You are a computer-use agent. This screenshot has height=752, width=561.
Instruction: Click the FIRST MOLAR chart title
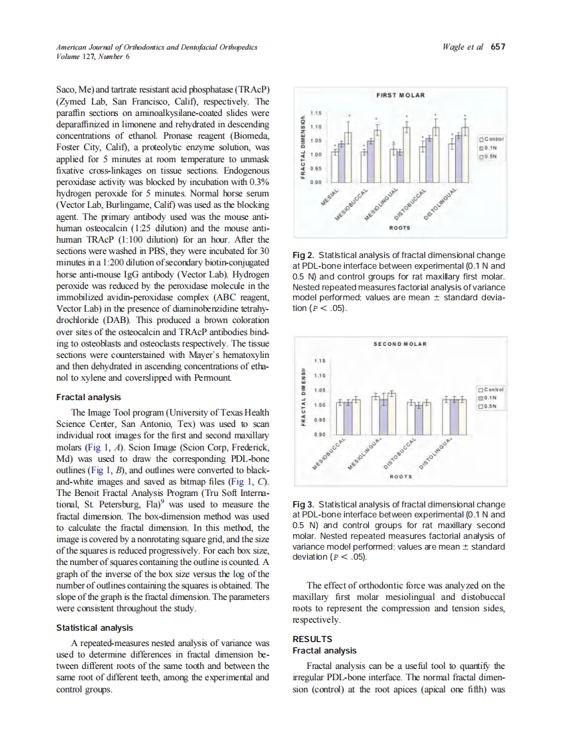pos(400,95)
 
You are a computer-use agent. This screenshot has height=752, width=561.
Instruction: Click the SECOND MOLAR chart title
pos(400,344)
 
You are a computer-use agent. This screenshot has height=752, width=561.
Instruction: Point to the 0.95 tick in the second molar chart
pos(319,420)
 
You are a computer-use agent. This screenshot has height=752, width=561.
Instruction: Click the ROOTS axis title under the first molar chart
pos(400,227)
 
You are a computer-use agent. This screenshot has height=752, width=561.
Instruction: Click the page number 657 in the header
pos(497,47)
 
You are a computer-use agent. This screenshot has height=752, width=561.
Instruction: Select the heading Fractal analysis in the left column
pos(89,397)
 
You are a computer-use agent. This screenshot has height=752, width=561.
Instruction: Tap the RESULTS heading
pos(313,639)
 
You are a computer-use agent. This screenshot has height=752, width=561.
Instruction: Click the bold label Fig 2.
pos(304,255)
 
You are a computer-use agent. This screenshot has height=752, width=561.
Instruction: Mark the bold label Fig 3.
pos(304,504)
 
